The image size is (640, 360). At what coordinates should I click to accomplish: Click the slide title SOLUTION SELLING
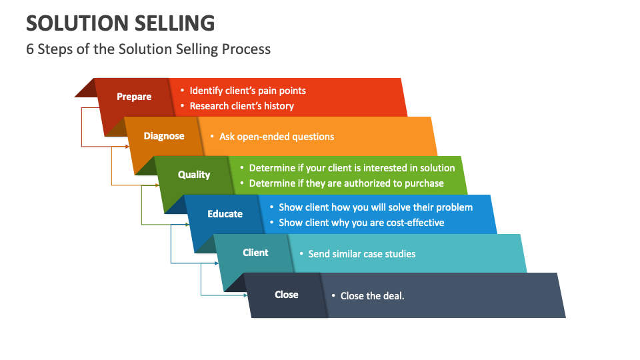(121, 23)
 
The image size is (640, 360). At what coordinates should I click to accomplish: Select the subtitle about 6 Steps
(148, 49)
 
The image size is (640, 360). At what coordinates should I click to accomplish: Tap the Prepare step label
(134, 97)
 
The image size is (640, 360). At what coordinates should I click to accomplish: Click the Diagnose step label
(164, 136)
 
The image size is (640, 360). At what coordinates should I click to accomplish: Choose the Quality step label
(194, 175)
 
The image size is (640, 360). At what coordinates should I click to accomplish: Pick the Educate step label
(225, 214)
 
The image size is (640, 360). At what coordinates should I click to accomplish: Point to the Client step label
(255, 253)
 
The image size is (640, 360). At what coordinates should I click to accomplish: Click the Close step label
(287, 295)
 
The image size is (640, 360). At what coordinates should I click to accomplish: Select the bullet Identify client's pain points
(247, 91)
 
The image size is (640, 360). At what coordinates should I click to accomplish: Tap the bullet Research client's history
(241, 106)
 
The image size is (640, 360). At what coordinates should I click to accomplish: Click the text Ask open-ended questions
(277, 137)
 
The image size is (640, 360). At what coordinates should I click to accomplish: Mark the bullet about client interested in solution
(351, 168)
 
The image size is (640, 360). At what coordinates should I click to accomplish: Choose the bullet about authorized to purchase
(346, 183)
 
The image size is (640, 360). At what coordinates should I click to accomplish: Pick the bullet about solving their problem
(375, 207)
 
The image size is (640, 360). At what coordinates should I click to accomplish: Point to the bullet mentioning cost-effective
(361, 223)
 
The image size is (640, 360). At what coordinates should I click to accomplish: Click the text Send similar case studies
(361, 254)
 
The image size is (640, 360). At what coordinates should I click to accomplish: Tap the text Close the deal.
(372, 295)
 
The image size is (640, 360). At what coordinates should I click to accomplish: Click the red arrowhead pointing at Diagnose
(126, 145)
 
